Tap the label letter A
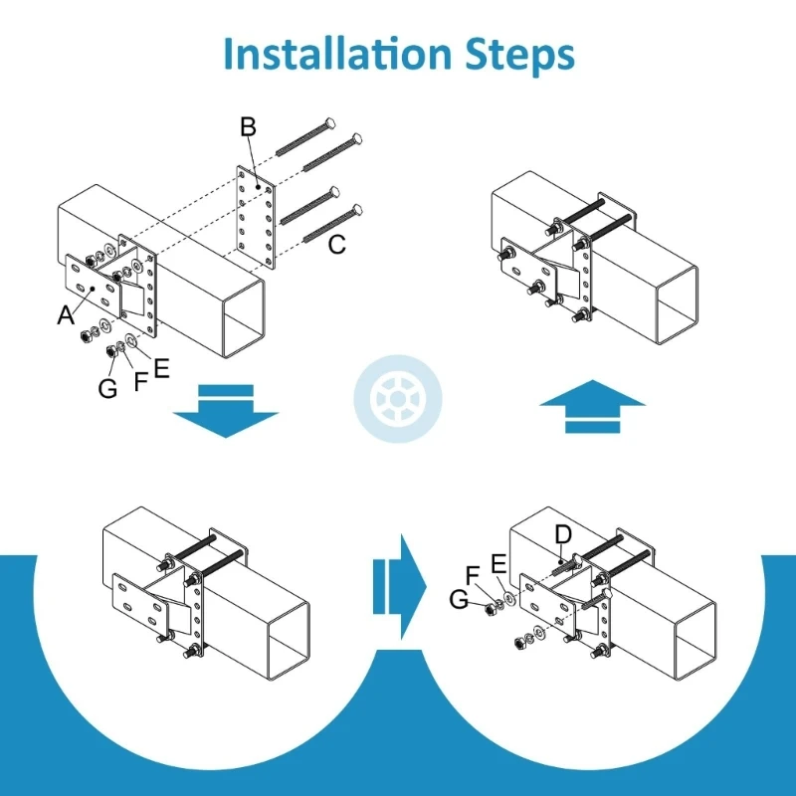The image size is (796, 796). [x=66, y=315]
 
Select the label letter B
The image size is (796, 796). [x=249, y=127]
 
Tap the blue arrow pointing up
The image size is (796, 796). [x=593, y=404]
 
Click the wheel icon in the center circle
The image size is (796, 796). [x=398, y=398]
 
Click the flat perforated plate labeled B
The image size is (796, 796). [x=254, y=217]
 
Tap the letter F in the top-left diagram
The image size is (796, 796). [x=139, y=378]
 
